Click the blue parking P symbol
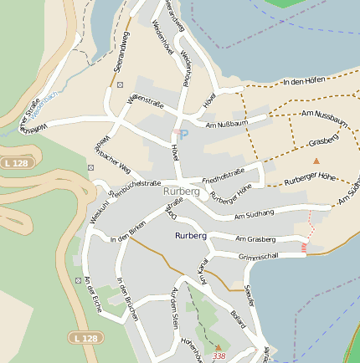[184, 134]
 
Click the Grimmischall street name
[259, 257]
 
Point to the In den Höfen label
[304, 82]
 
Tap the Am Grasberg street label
[255, 238]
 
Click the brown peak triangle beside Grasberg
[316, 160]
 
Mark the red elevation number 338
[219, 356]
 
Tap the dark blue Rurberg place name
[191, 236]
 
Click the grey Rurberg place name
[182, 192]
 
